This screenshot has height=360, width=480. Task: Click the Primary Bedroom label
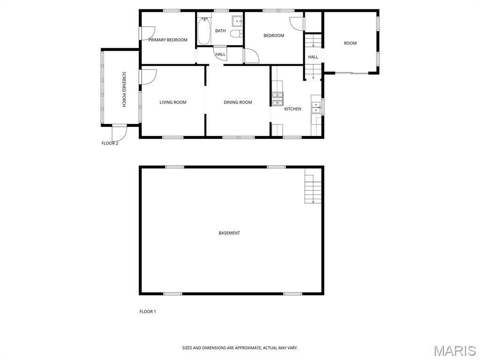point(168,40)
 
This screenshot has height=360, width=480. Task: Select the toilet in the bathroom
point(236,34)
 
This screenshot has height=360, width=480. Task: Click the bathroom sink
point(237,21)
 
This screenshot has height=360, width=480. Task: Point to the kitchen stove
point(277,99)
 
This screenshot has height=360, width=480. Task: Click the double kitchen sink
point(316,108)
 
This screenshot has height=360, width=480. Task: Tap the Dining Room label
point(238,103)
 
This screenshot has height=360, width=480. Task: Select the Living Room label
point(173,103)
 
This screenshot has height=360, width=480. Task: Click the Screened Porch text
point(124,90)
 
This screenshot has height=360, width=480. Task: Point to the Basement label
point(229,233)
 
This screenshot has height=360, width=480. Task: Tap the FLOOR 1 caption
point(148,312)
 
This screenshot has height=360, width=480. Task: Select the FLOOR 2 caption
point(110,143)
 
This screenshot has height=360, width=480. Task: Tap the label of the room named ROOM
point(350,43)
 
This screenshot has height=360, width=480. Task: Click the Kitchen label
point(292,109)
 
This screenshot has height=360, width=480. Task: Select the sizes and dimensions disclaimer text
point(240,348)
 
